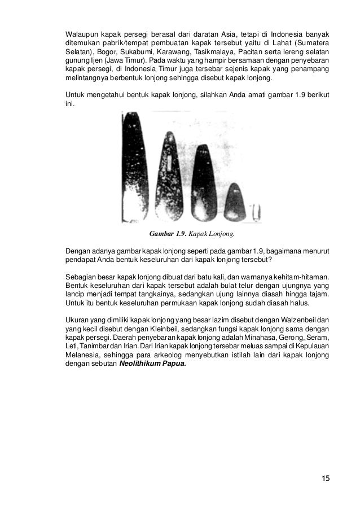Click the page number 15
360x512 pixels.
[x=325, y=479]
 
